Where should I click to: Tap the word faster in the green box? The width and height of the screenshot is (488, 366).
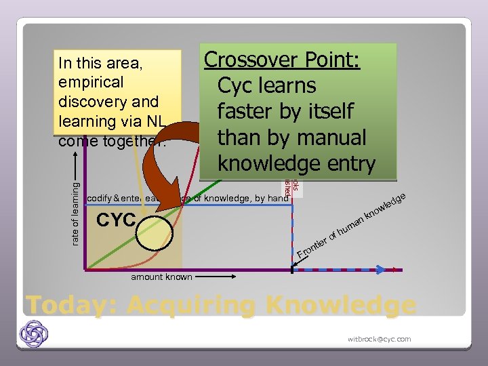249,111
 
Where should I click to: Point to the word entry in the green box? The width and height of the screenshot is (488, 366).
346,163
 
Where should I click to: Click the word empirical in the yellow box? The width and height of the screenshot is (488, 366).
91,83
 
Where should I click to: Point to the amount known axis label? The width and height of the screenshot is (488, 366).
161,277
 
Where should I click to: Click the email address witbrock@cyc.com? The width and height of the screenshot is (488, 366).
379,339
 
